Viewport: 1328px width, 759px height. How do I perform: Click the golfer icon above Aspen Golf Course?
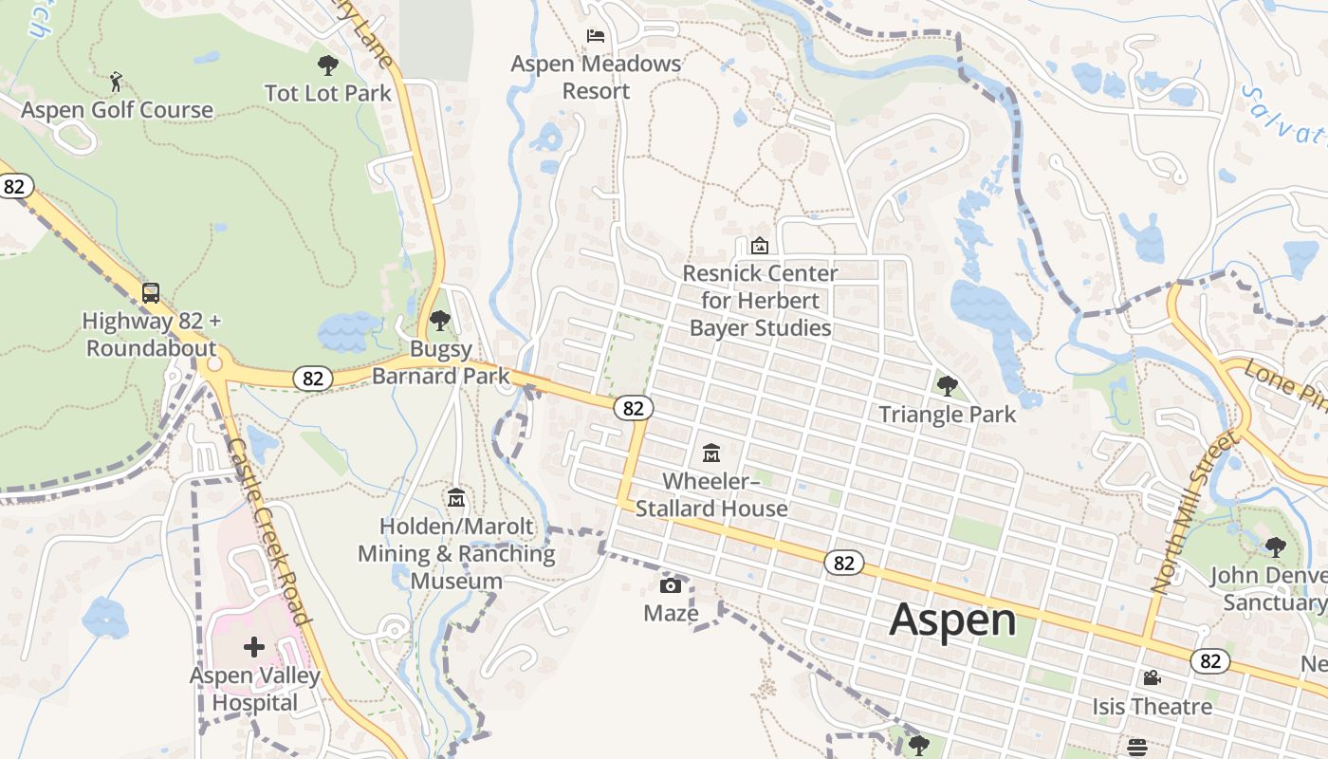116,82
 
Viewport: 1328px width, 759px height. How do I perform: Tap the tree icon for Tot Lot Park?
328,65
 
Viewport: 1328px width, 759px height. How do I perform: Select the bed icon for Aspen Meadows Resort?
596,36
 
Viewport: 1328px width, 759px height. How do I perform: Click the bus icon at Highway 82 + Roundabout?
151,292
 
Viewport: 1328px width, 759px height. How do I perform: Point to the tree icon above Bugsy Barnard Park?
439,321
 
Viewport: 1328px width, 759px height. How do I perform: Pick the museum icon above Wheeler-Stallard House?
711,453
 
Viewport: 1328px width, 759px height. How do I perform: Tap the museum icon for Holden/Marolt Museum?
456,497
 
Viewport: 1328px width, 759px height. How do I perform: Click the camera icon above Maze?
671,584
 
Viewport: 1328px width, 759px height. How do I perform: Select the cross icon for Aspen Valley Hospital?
254,648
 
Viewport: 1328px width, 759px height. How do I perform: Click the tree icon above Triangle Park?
947,385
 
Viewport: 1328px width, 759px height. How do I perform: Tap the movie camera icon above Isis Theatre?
1152,677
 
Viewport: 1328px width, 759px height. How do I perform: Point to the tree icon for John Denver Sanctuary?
1275,546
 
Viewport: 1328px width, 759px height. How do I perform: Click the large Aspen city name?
952,620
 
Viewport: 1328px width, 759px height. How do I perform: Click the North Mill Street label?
1195,511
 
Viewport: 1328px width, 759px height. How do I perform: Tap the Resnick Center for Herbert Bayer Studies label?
760,301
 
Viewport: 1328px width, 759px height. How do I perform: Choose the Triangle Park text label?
947,415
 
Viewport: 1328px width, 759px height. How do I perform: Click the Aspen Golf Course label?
117,110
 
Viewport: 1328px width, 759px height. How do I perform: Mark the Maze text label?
671,613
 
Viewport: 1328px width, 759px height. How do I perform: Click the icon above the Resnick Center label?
760,246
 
